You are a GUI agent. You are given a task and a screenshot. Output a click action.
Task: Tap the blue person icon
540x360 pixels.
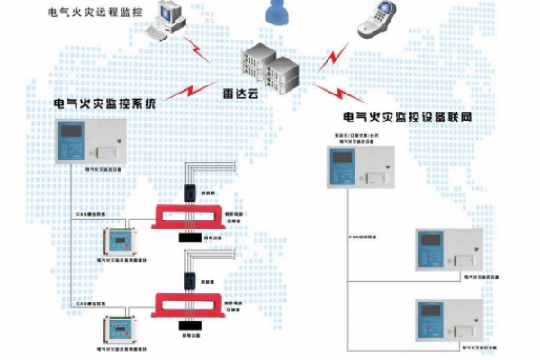[274, 12]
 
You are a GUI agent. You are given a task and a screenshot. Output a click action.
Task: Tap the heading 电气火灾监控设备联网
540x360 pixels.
[409, 117]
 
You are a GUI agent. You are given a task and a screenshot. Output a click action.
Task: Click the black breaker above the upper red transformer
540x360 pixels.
[189, 191]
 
